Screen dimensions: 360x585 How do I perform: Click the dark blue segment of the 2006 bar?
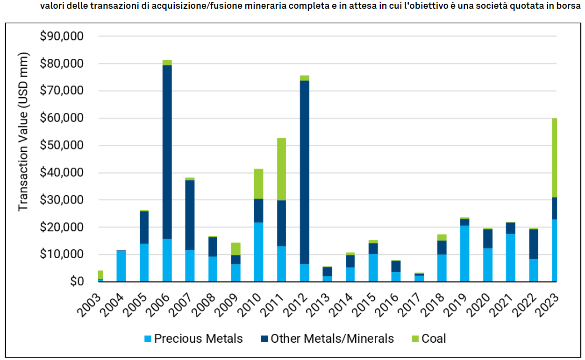[x=167, y=152]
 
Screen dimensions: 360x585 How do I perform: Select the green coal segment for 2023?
[x=554, y=158]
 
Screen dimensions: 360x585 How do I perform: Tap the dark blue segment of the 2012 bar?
[x=304, y=172]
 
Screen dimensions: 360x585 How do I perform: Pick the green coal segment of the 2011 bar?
[x=281, y=169]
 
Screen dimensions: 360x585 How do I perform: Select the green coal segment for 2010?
[x=258, y=184]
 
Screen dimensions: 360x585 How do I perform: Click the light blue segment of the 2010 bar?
[x=258, y=252]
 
